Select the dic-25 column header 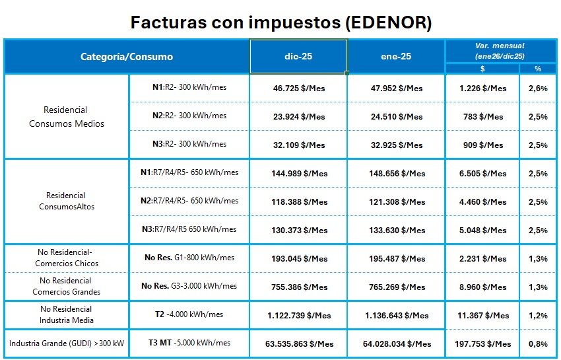click(298, 56)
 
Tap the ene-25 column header click(397, 56)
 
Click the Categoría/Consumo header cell click(127, 56)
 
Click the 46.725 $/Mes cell click(299, 88)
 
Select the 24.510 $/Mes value click(397, 116)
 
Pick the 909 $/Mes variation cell click(483, 145)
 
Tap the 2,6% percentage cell click(538, 88)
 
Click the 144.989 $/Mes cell click(299, 174)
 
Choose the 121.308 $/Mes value click(397, 202)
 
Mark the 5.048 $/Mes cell click(483, 231)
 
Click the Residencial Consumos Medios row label click(67, 116)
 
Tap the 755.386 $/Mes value click(299, 287)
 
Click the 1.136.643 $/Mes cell click(397, 316)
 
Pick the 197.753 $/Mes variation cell click(483, 343)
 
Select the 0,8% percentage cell click(538, 343)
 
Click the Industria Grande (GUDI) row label click(67, 343)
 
